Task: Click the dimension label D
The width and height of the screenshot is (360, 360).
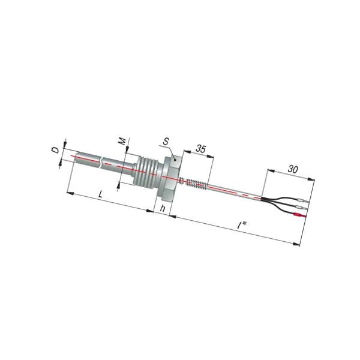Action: (55, 151)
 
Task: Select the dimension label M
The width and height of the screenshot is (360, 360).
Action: (122, 141)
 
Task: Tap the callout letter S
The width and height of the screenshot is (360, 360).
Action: (166, 142)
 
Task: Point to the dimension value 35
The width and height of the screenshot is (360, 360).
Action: (201, 149)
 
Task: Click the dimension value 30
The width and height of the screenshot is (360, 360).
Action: (293, 169)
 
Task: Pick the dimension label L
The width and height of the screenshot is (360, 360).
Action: (100, 194)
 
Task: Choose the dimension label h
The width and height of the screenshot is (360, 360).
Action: (163, 208)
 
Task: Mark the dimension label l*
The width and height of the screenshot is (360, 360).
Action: (242, 226)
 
